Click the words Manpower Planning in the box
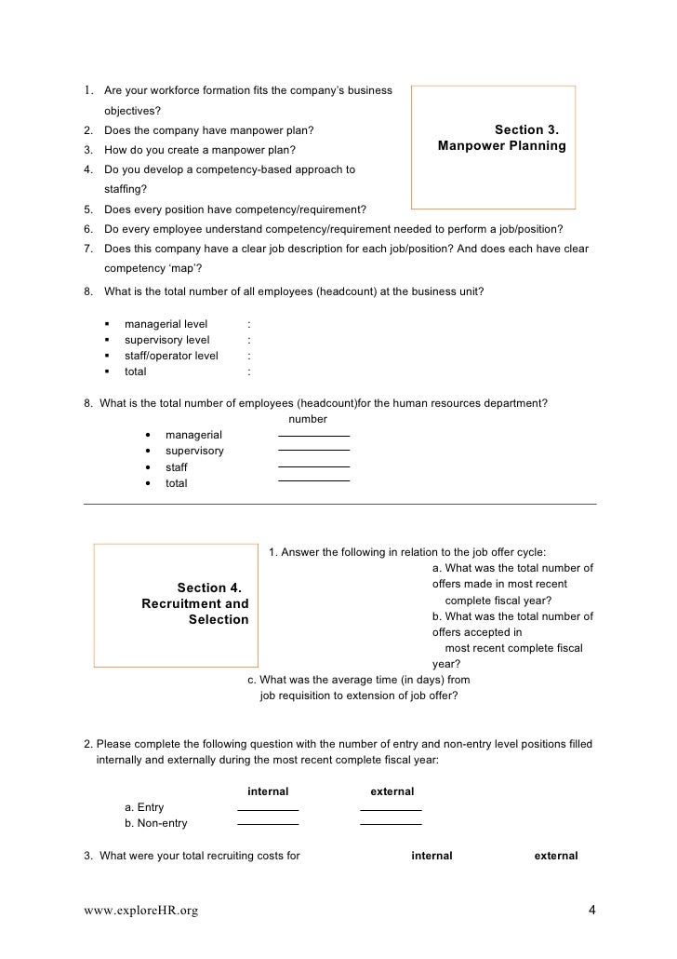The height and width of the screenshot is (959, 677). coord(502,147)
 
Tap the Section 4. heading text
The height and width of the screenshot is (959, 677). coord(209,588)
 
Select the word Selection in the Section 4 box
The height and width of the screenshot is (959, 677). coord(219,620)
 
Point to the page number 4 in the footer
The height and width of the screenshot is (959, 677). coord(592,910)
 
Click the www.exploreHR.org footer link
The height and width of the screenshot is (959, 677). coord(140,911)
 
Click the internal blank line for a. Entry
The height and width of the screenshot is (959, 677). coord(268,810)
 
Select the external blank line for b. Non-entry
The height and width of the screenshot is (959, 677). coord(391,825)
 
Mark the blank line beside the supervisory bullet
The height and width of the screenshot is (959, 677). coord(313,451)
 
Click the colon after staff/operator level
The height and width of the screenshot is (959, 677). coord(249,356)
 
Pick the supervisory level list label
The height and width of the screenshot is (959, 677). coord(166,340)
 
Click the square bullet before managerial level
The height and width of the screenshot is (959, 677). coord(108,324)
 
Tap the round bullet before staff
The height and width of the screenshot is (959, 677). coord(150,467)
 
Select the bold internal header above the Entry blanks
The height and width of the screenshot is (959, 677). coord(268,791)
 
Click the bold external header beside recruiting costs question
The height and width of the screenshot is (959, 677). coord(555,856)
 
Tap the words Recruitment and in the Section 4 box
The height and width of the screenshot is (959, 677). coord(195,604)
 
